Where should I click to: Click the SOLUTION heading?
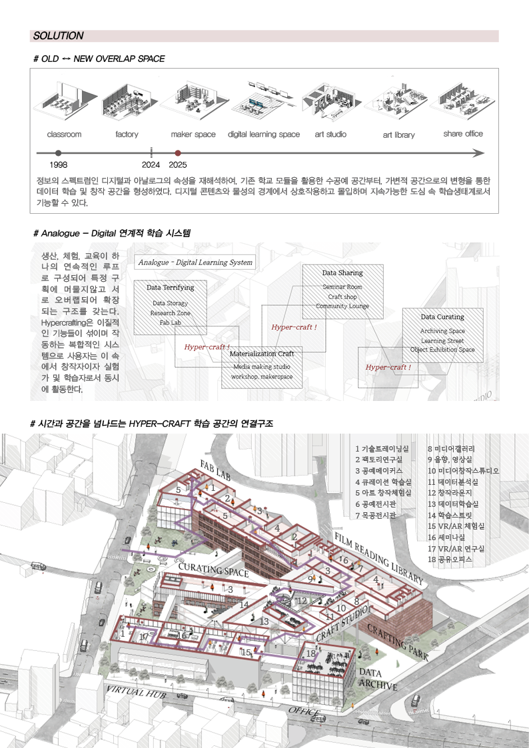coord(59,36)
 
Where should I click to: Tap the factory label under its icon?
coord(127,135)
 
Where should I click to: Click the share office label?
coord(463,134)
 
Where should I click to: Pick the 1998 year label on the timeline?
coord(59,165)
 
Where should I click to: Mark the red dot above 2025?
coord(177,153)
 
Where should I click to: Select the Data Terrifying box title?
coord(170,288)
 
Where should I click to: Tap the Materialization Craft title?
coord(262,354)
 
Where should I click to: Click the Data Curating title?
coord(442,317)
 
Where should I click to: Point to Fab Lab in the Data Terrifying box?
coord(170,322)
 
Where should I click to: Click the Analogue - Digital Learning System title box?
coord(196,262)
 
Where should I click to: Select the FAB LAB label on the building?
coord(215,470)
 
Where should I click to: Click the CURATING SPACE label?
coord(205,571)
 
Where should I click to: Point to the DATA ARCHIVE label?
coord(378,679)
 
